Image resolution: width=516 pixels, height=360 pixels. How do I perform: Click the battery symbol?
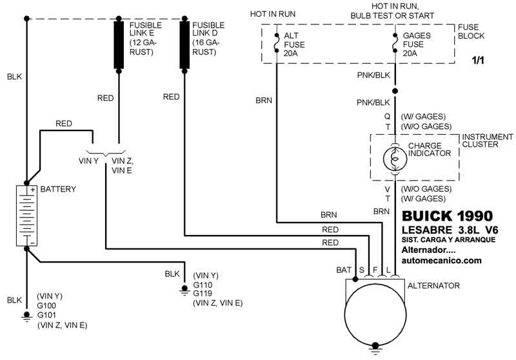pyautogui.click(x=26, y=215)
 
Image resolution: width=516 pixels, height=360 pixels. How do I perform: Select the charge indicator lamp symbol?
pyautogui.click(x=395, y=158)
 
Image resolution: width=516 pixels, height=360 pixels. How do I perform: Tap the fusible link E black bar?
pyautogui.click(x=119, y=45)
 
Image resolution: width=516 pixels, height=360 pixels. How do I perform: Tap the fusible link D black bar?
pyautogui.click(x=184, y=45)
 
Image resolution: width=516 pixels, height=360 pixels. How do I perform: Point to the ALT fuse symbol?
pyautogui.click(x=276, y=45)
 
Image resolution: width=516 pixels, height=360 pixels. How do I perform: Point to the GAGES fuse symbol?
pyautogui.click(x=395, y=45)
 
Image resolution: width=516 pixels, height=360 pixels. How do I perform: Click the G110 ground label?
pyautogui.click(x=203, y=284)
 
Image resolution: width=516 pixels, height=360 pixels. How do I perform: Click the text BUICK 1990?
pyautogui.click(x=447, y=216)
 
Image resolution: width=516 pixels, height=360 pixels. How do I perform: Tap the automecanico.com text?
pyautogui.click(x=442, y=261)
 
